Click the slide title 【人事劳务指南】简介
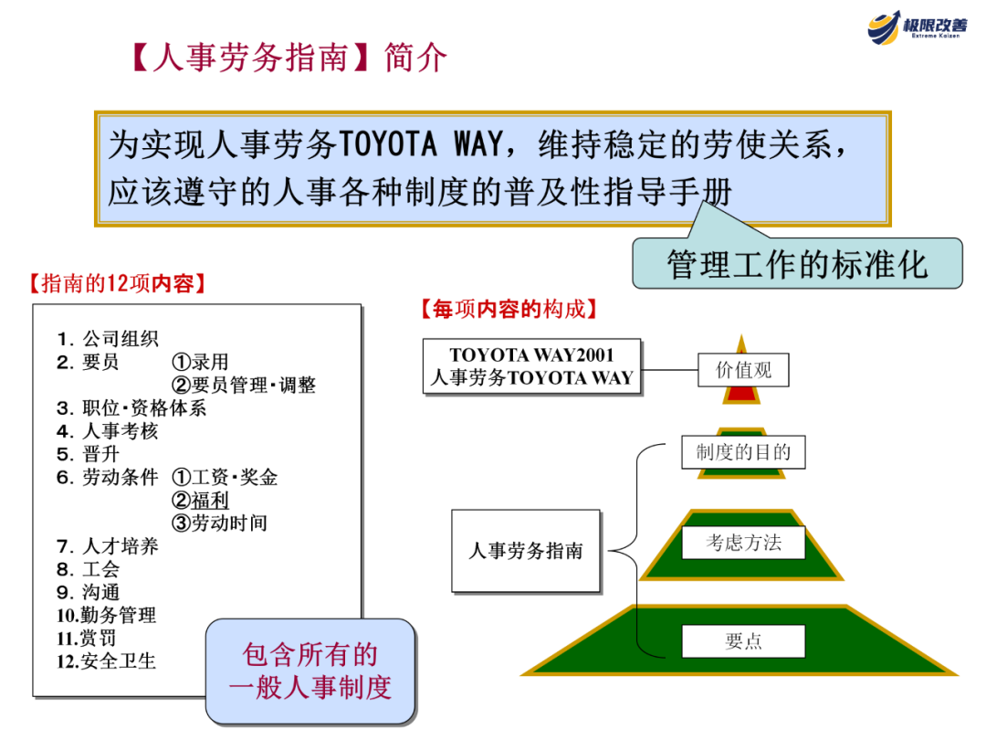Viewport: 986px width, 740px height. (x=288, y=58)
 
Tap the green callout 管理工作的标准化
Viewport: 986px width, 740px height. (x=797, y=264)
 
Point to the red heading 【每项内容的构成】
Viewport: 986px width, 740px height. (x=509, y=310)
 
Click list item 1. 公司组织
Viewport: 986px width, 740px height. (x=108, y=339)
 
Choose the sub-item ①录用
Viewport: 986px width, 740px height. (x=200, y=363)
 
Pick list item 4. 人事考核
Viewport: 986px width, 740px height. (x=108, y=431)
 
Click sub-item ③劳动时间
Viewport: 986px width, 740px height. (x=219, y=523)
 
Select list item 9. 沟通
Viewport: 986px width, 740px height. (x=89, y=592)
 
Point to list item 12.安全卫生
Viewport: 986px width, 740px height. (x=107, y=661)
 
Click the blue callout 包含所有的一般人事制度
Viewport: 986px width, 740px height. (x=310, y=671)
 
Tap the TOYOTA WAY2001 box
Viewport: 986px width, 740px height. (x=531, y=366)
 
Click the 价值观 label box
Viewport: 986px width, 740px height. (x=742, y=370)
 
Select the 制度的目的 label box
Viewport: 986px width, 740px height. (x=743, y=451)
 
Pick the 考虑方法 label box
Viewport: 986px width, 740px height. (x=743, y=543)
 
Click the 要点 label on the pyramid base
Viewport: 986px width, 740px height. (x=743, y=641)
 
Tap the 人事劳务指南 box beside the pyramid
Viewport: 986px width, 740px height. (x=526, y=551)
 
